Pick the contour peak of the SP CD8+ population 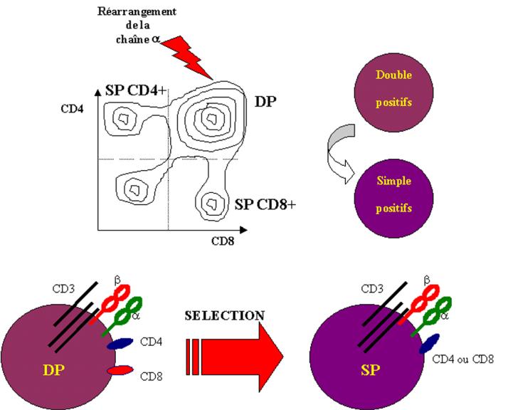212,203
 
